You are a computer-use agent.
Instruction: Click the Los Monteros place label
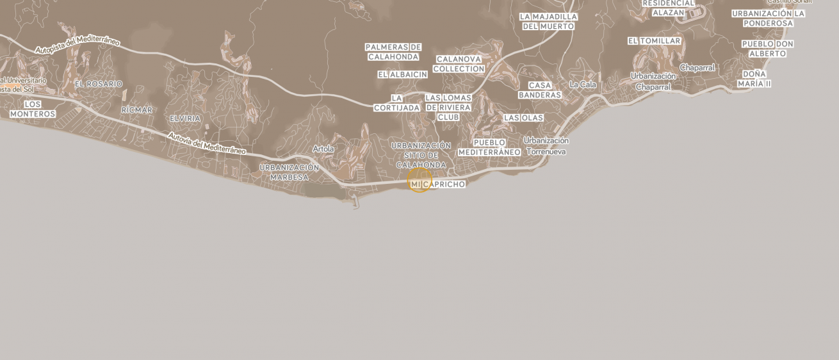pyautogui.click(x=33, y=109)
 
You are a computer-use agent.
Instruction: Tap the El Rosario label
pyautogui.click(x=99, y=84)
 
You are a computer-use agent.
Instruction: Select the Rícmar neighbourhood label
pyautogui.click(x=137, y=110)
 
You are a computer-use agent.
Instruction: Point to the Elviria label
pyautogui.click(x=185, y=119)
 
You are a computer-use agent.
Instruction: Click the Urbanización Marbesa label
pyautogui.click(x=289, y=172)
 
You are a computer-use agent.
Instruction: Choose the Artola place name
pyautogui.click(x=323, y=149)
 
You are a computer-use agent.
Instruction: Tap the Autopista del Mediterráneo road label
pyautogui.click(x=77, y=45)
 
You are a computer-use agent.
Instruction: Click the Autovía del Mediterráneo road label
pyautogui.click(x=207, y=143)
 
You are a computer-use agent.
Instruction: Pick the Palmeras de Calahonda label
pyautogui.click(x=393, y=52)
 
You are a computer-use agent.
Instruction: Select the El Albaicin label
pyautogui.click(x=402, y=74)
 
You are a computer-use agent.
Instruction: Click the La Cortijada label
pyautogui.click(x=396, y=103)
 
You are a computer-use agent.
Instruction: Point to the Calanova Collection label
pyautogui.click(x=459, y=64)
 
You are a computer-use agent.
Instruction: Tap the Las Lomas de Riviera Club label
pyautogui.click(x=448, y=108)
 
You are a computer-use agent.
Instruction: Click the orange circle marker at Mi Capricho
pyautogui.click(x=420, y=180)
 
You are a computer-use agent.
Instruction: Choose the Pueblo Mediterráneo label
pyautogui.click(x=489, y=147)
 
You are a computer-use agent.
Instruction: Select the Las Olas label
pyautogui.click(x=523, y=118)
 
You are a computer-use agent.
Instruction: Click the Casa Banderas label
pyautogui.click(x=540, y=90)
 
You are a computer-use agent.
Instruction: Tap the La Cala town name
pyautogui.click(x=583, y=85)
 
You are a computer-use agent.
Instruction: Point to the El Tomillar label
pyautogui.click(x=654, y=41)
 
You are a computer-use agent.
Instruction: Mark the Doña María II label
pyautogui.click(x=754, y=79)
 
